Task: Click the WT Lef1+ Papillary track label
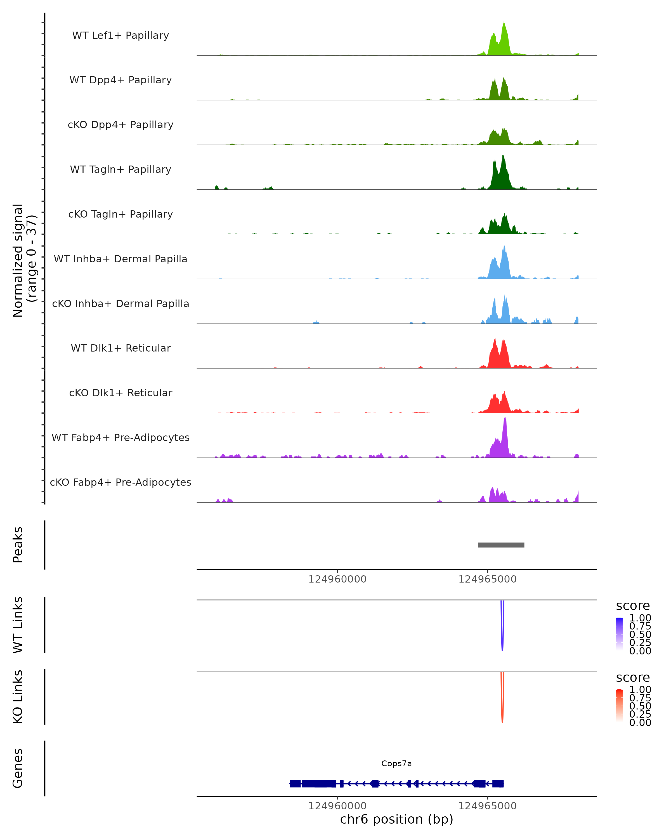[121, 36]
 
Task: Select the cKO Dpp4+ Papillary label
[121, 125]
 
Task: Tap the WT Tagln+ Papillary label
[121, 170]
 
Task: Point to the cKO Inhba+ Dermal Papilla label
[121, 304]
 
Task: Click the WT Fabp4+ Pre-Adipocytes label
[121, 438]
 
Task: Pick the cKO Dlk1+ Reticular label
[121, 393]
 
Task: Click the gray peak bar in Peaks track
[501, 545]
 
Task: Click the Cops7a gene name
[396, 763]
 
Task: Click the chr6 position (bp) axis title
[396, 819]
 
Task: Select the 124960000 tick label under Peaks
[337, 579]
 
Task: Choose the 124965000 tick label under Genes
[487, 806]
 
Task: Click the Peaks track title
[18, 545]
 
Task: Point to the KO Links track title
[18, 697]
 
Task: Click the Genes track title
[18, 768]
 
